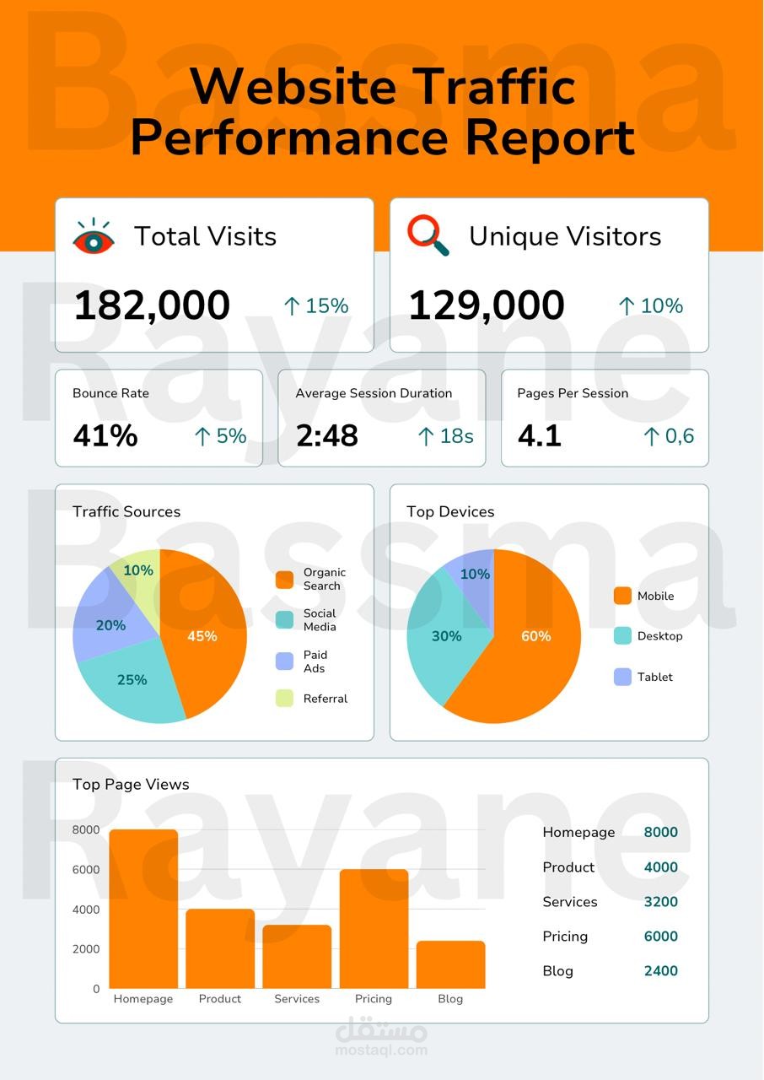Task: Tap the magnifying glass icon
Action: (428, 235)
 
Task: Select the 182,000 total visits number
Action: (152, 305)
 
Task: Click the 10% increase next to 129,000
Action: (651, 305)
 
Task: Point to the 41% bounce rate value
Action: (105, 435)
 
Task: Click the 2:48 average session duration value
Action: (327, 435)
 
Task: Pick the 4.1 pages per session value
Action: (540, 435)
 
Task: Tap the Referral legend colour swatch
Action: (284, 698)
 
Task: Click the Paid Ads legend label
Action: (315, 661)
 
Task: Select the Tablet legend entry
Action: (643, 677)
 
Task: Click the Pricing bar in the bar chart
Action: (374, 929)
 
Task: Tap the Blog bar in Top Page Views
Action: (450, 964)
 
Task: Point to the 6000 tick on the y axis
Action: (86, 869)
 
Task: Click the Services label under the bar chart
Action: (297, 998)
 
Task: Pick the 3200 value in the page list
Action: (660, 902)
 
